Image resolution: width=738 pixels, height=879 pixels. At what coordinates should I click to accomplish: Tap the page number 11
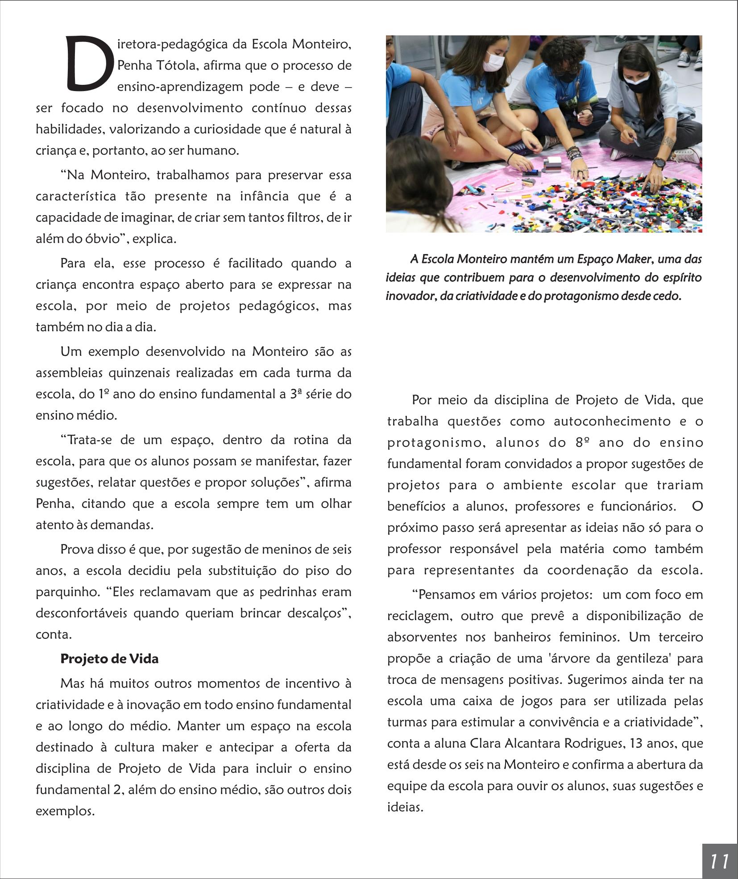719,861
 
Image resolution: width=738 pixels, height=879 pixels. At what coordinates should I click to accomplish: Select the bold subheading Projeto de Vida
109,659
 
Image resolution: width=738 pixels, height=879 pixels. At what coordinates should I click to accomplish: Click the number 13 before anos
631,744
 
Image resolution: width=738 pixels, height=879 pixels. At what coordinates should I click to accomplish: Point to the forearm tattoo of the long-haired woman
668,142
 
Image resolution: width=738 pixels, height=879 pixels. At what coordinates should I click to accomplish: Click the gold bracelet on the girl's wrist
526,131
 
